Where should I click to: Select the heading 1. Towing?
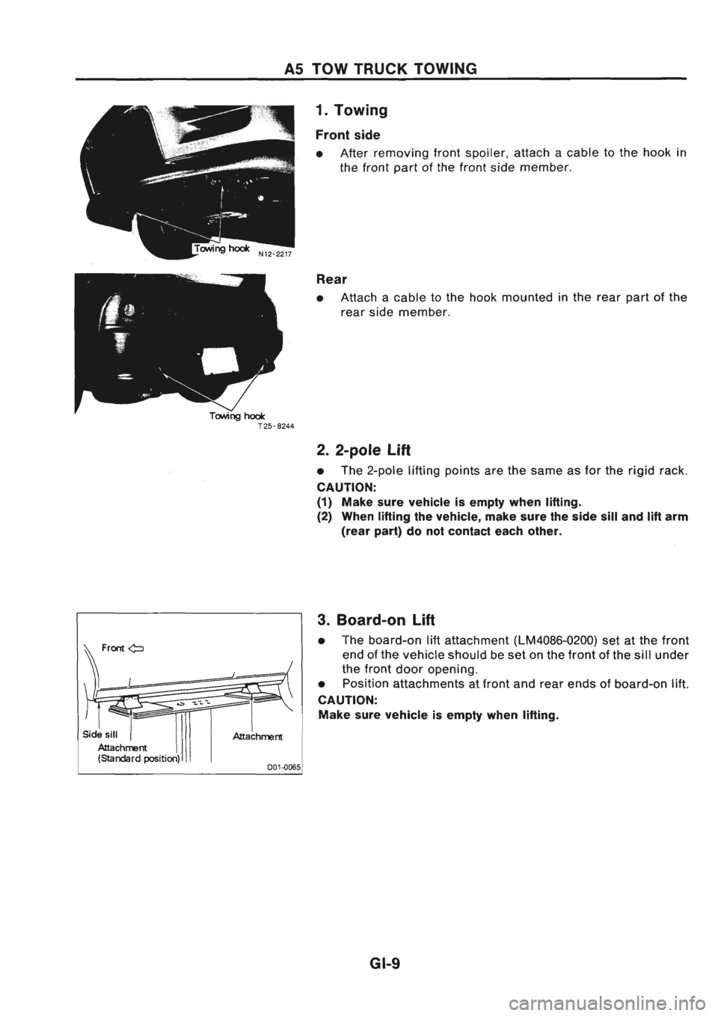[x=351, y=111]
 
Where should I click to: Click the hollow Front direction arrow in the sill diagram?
[x=136, y=648]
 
